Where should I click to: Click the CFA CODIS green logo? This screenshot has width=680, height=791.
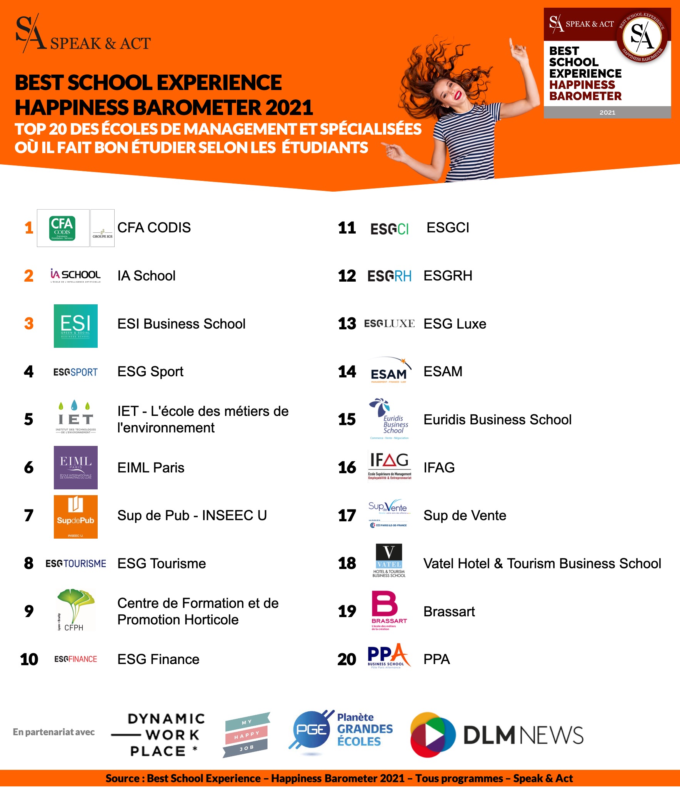click(x=62, y=228)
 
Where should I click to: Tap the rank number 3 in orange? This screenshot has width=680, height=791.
click(x=29, y=324)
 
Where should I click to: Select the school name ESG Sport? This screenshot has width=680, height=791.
click(x=150, y=372)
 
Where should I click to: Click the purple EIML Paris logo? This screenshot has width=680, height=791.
click(x=76, y=467)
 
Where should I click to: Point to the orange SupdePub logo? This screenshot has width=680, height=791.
click(x=76, y=516)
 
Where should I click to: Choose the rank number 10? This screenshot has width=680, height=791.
click(x=29, y=659)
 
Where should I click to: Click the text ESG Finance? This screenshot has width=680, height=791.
click(x=158, y=659)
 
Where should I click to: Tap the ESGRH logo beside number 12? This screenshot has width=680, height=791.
click(x=389, y=276)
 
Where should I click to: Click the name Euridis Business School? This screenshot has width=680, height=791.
click(x=497, y=419)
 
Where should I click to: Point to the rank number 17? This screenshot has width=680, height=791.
click(x=347, y=516)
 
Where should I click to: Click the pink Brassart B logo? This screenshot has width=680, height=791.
click(x=385, y=604)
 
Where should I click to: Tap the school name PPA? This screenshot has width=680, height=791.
click(x=437, y=659)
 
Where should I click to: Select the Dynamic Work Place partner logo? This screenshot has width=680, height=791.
click(x=162, y=735)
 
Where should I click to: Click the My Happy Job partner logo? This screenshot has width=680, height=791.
click(x=246, y=735)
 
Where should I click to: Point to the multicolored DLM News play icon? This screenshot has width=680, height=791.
click(x=433, y=735)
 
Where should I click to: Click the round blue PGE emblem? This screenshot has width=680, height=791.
click(x=311, y=730)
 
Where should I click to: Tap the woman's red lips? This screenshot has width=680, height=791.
click(x=458, y=95)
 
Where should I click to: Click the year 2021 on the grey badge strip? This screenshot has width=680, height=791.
click(x=607, y=112)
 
